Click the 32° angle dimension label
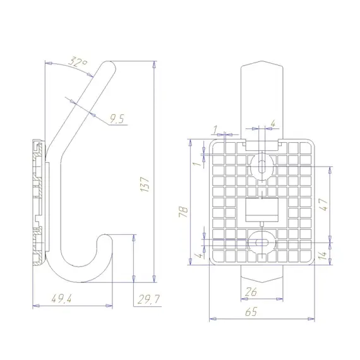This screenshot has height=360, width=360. tap(78, 61)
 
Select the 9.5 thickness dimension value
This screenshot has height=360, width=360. tap(117, 119)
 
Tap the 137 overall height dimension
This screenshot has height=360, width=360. tap(145, 184)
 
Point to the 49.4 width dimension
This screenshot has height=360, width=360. tap(61, 299)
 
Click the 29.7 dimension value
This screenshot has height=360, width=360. tap(148, 299)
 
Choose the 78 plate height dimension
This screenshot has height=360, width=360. tap(183, 212)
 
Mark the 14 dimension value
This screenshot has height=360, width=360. tap(323, 255)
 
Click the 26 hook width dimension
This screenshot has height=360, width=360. tap(251, 292)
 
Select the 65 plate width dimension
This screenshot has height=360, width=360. tap(251, 311)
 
